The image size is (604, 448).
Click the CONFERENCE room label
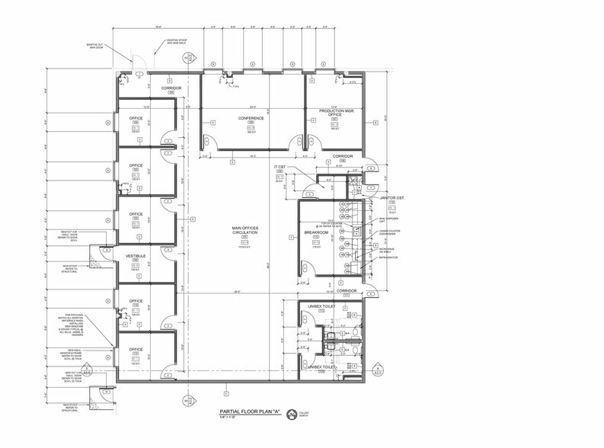(x=251, y=118)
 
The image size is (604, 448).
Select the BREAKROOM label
(x=315, y=232)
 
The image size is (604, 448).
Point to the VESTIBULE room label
(x=136, y=256)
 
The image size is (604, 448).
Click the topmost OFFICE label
(x=136, y=118)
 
